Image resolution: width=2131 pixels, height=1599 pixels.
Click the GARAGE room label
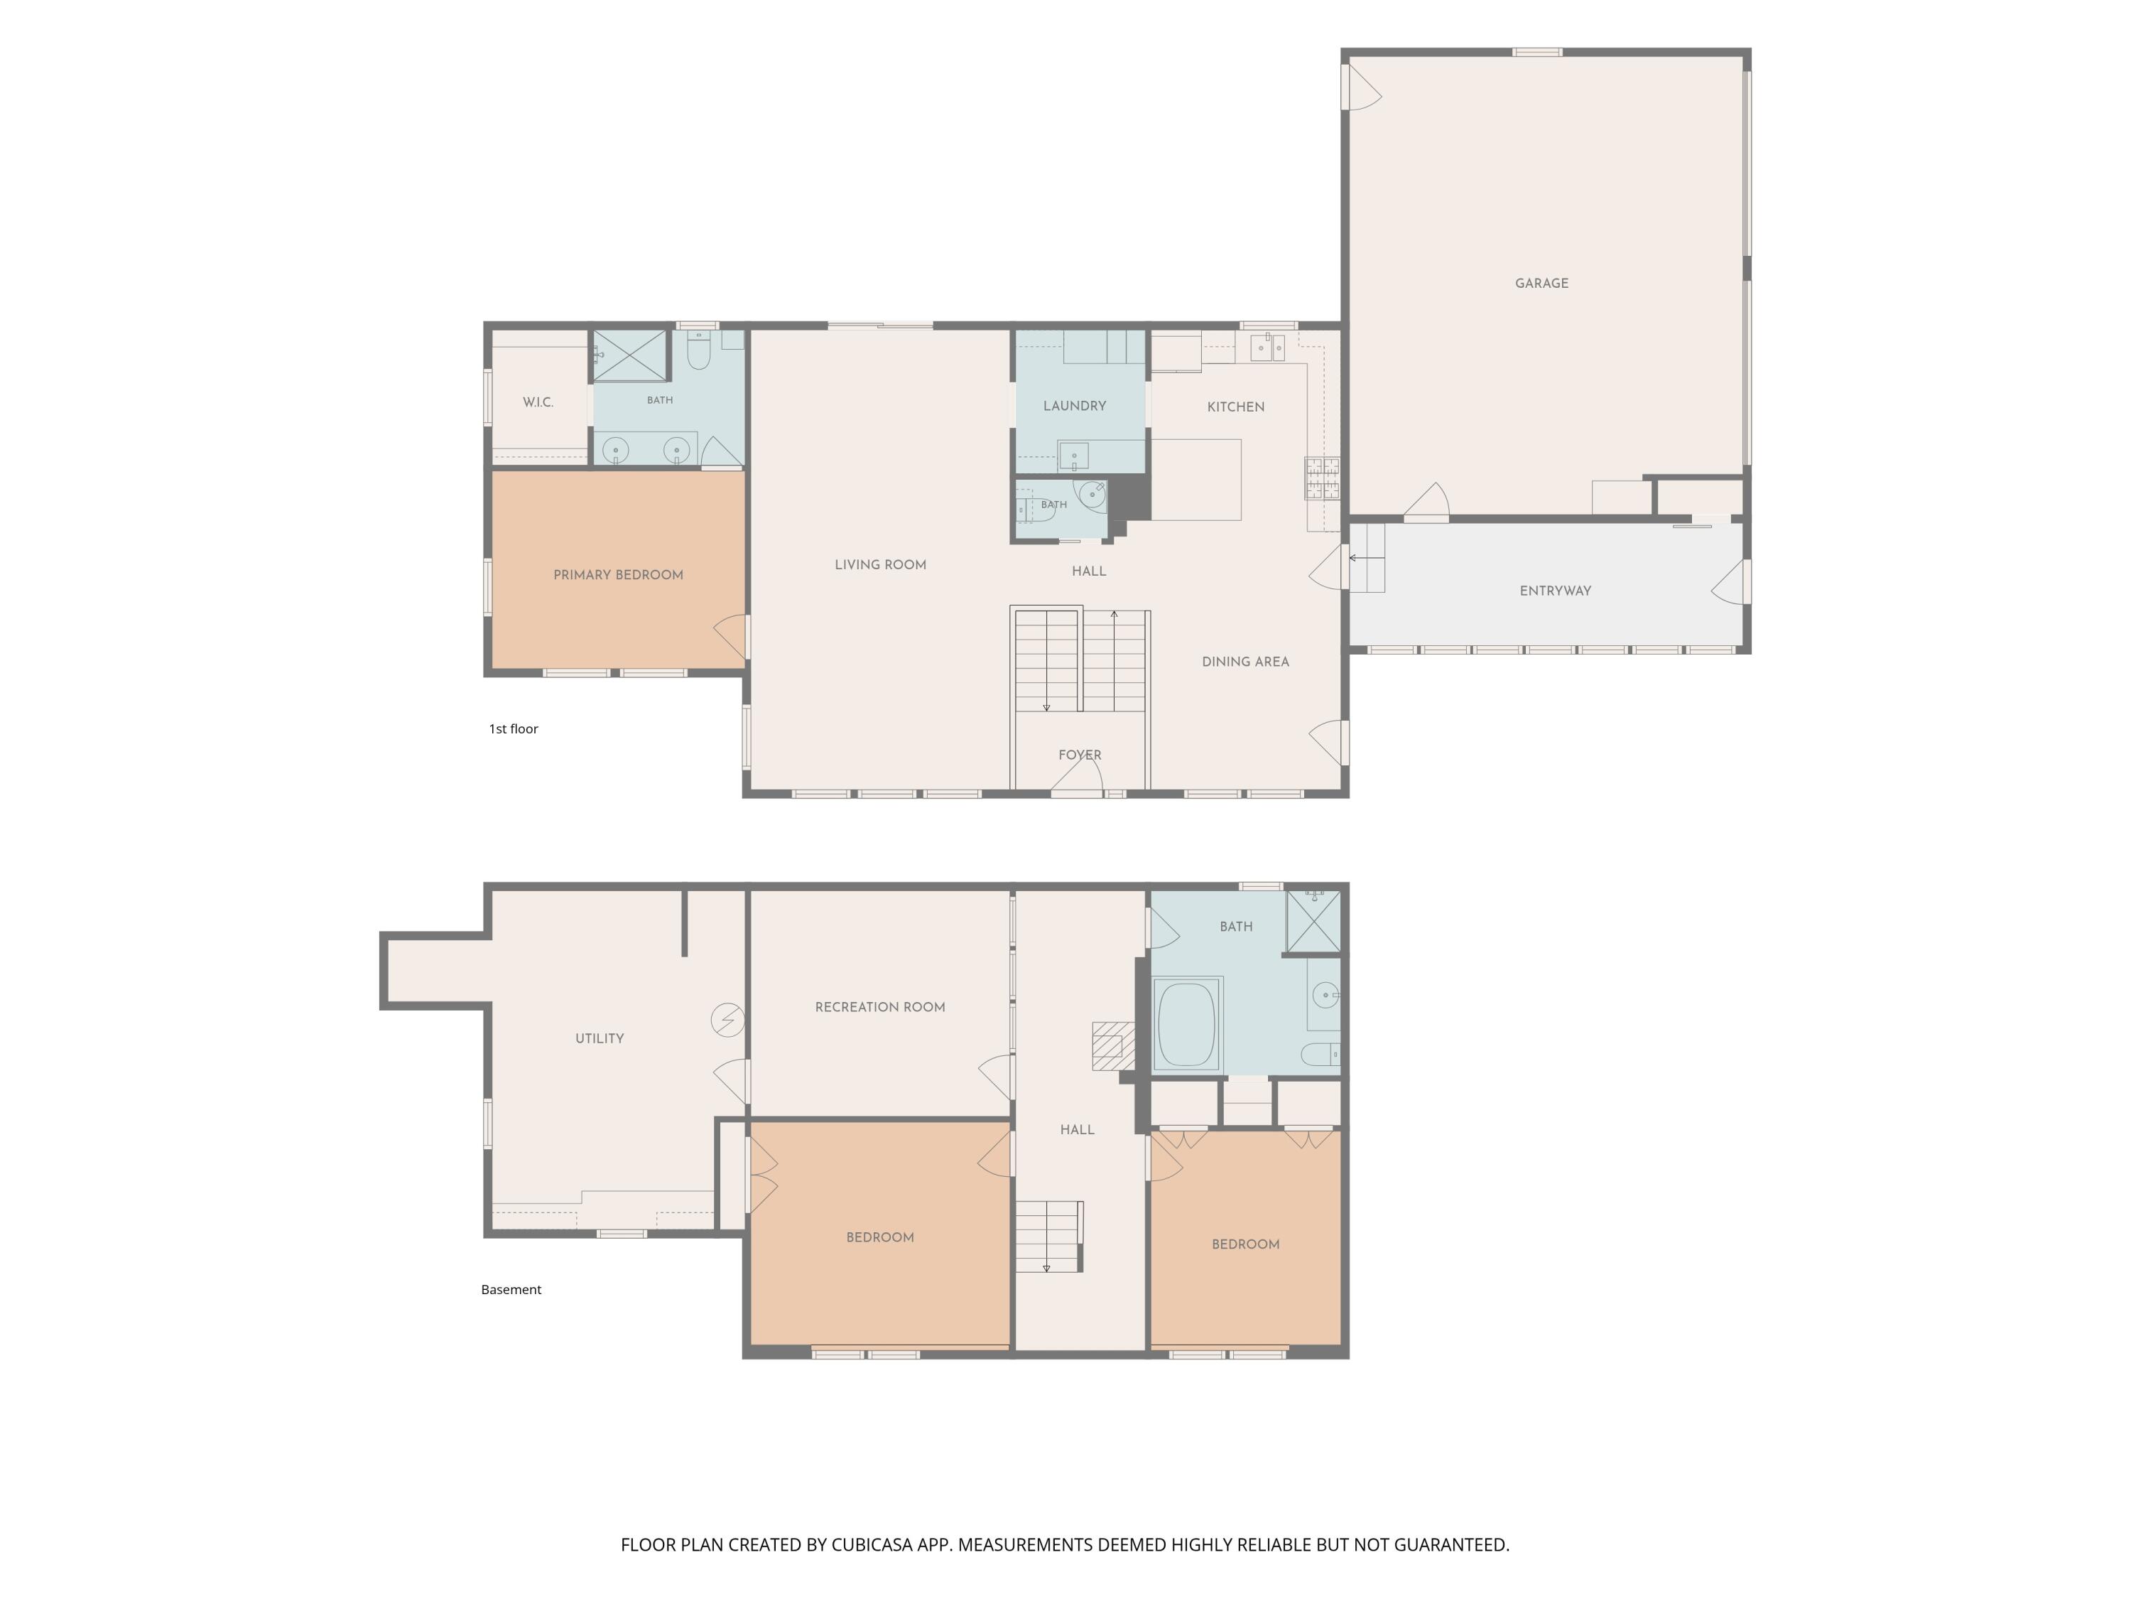[1541, 284]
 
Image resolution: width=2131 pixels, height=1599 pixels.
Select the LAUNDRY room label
[1074, 406]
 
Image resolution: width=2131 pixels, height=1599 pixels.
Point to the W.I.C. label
[538, 402]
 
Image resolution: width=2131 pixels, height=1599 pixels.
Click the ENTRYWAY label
[1555, 591]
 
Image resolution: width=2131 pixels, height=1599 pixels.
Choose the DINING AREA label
[1245, 661]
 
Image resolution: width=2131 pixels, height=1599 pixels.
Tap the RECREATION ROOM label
[879, 1007]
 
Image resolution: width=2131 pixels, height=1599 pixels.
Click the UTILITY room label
[600, 1038]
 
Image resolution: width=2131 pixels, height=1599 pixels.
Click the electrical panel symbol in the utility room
[727, 1020]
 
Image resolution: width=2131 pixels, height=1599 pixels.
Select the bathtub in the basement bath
[1188, 1023]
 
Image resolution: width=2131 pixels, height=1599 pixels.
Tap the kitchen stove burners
[1322, 478]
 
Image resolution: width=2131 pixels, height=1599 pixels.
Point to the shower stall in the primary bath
[629, 355]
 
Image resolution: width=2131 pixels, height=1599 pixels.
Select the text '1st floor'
[514, 728]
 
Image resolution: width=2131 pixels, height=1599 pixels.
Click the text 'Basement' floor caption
[511, 1290]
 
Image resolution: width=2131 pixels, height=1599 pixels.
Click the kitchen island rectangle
[1196, 480]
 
